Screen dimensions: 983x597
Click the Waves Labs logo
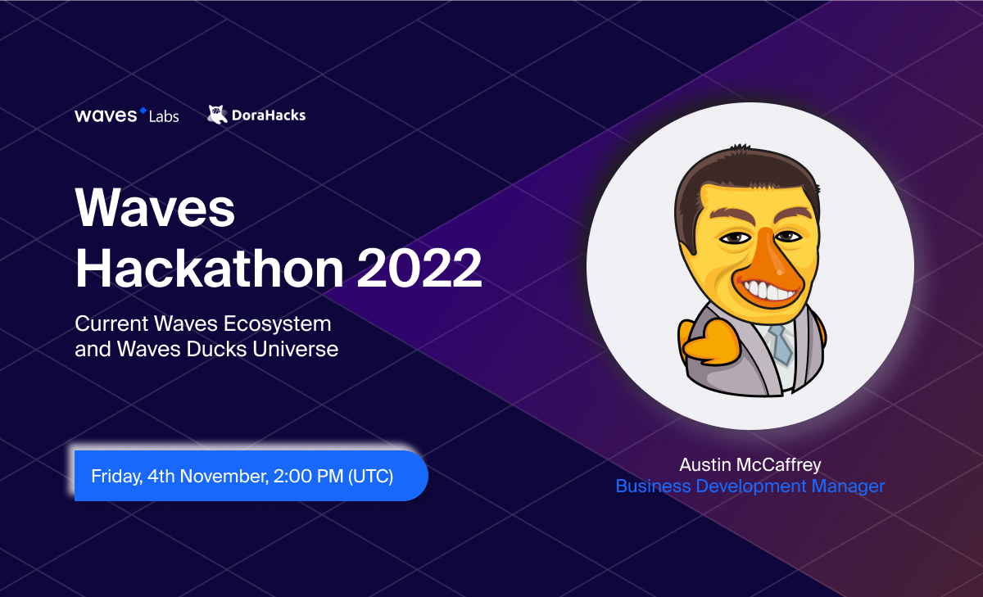(x=127, y=115)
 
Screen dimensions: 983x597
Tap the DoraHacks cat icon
(x=217, y=115)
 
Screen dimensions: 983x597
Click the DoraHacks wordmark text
(x=269, y=115)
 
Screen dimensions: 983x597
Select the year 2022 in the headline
(x=419, y=268)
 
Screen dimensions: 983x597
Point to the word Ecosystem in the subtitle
(x=278, y=324)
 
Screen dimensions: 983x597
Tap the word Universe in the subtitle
(x=296, y=349)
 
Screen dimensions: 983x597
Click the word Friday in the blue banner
(x=116, y=477)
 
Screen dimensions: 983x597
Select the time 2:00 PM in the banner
(x=308, y=477)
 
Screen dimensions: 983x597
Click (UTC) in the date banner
(x=371, y=477)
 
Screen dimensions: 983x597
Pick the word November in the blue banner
(x=224, y=477)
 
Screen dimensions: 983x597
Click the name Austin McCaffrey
(x=750, y=465)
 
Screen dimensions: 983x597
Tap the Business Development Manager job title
(x=750, y=486)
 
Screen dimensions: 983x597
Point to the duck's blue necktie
(x=781, y=345)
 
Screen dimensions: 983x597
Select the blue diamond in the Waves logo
(x=143, y=110)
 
